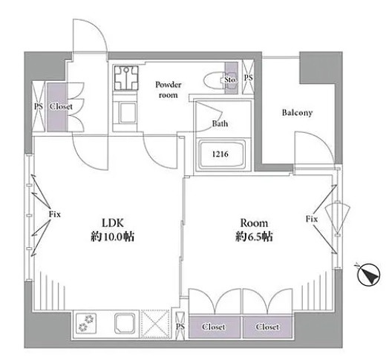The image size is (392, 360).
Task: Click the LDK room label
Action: point(113,223)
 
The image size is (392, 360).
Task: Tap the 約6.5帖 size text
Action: point(253,237)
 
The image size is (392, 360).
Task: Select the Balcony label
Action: point(297,113)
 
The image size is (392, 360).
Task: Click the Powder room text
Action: point(168,90)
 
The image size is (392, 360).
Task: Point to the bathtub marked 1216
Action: point(220,154)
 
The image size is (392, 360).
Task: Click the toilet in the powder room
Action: point(215,80)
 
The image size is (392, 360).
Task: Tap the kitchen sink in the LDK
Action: point(126,324)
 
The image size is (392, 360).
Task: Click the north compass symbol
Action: point(368,275)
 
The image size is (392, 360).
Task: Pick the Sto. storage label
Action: point(230,79)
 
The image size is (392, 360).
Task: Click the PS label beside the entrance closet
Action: point(39,107)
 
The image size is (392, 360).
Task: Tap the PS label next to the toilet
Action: point(248,78)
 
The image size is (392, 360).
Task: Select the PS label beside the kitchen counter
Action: point(180,327)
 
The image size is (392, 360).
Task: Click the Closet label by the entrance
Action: point(61,106)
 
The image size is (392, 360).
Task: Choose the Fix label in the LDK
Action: point(54,215)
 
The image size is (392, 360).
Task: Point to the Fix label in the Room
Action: point(312,219)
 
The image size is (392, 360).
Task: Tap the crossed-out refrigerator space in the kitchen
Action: point(155,324)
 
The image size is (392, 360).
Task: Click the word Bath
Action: point(220,123)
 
